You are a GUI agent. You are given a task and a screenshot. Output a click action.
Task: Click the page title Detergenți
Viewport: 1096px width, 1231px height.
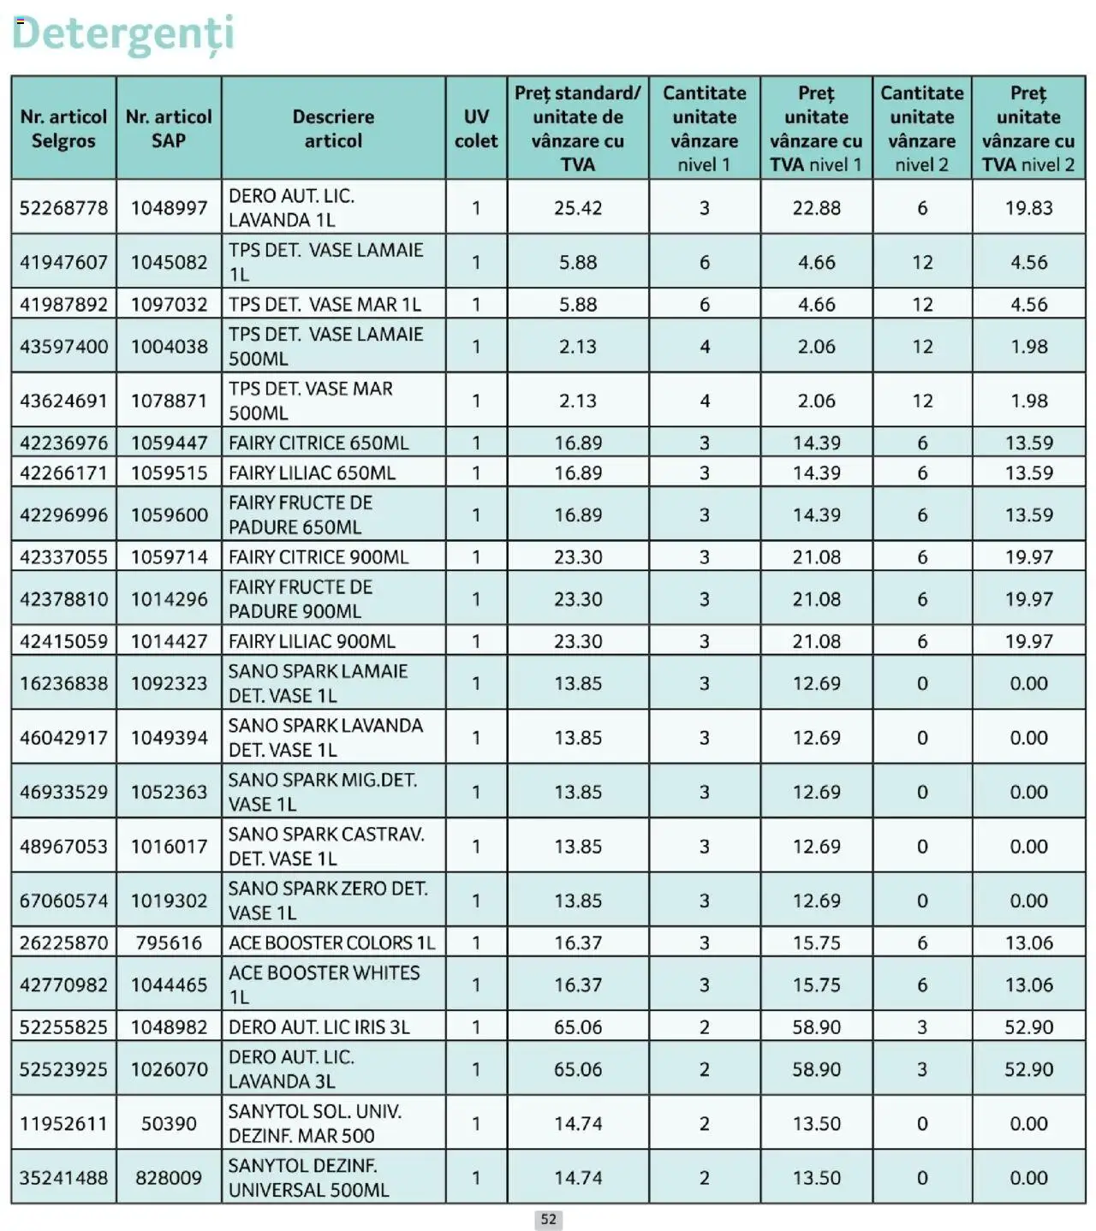click(x=122, y=34)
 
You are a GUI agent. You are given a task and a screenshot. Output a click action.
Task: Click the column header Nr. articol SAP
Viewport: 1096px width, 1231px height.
click(x=169, y=128)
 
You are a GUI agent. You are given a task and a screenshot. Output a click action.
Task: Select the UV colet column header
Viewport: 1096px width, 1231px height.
click(x=475, y=128)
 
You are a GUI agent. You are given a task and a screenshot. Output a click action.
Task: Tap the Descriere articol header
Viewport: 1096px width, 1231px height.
click(x=333, y=128)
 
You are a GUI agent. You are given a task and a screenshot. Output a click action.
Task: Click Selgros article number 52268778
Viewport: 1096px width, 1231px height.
click(x=64, y=208)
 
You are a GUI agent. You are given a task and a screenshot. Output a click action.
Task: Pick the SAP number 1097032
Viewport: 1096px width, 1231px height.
click(x=169, y=304)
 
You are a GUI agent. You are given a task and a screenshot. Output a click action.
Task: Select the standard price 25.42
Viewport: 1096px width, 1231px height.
click(x=578, y=208)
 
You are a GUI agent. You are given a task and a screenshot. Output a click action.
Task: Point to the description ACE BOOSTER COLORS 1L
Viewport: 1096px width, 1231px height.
click(x=332, y=943)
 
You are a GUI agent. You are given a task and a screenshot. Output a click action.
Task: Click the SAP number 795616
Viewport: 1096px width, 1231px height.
click(x=169, y=943)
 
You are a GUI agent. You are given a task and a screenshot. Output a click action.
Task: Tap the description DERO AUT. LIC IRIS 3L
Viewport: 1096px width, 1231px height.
click(x=319, y=1026)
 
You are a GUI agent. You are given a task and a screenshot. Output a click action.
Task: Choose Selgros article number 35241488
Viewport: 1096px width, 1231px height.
click(x=64, y=1178)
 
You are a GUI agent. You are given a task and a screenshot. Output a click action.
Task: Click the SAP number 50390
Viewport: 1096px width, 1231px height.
click(x=169, y=1123)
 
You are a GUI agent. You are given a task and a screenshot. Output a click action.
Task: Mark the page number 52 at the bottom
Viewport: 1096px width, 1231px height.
click(x=549, y=1220)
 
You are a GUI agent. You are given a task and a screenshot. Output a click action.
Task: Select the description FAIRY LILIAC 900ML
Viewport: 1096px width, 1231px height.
click(x=312, y=641)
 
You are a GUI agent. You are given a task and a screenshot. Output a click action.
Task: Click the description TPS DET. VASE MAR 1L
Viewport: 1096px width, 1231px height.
click(x=325, y=304)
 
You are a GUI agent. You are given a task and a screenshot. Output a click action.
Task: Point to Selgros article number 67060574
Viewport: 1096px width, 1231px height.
click(x=64, y=901)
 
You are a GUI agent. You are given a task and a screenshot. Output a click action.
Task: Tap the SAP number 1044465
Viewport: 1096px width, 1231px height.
click(x=169, y=984)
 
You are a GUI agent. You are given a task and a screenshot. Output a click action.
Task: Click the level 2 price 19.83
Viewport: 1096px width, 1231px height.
click(x=1028, y=208)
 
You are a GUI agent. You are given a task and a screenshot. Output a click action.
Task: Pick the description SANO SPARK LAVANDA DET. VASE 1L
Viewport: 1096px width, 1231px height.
click(x=325, y=737)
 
